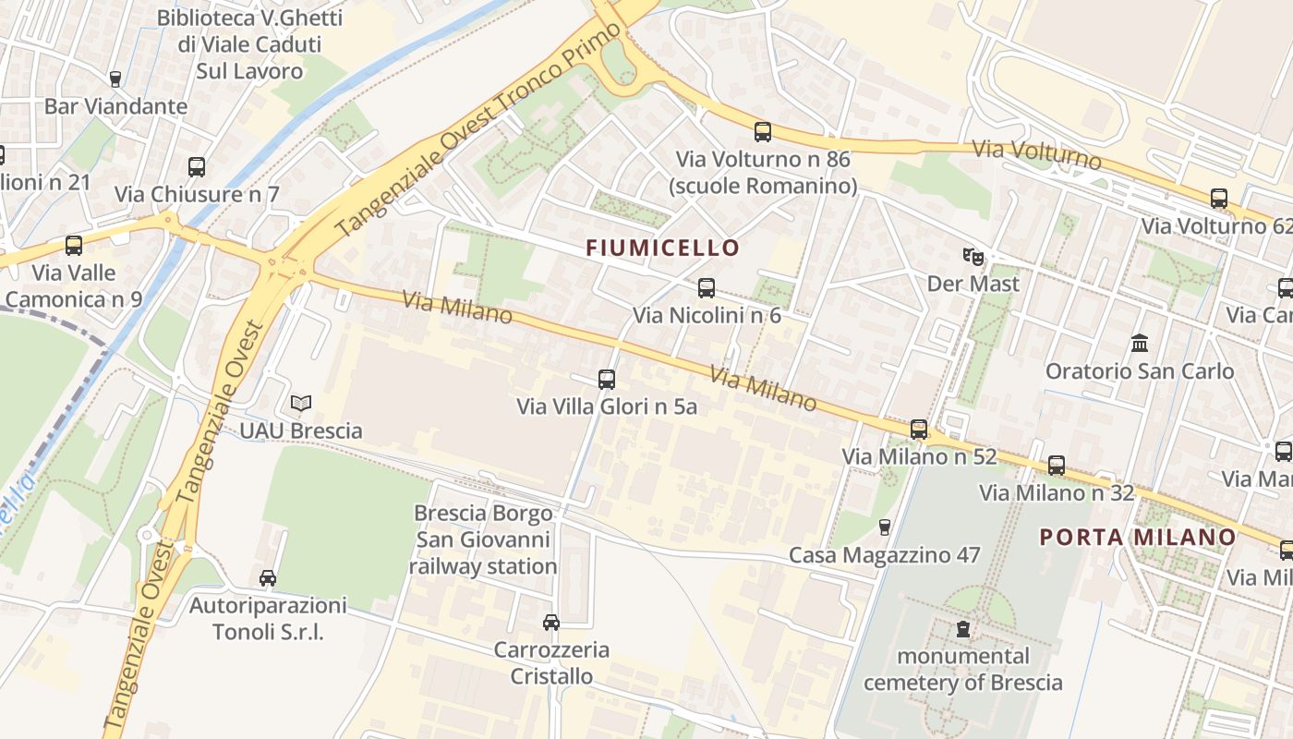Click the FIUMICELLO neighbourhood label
pyautogui.click(x=663, y=248)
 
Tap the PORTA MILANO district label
pyautogui.click(x=1138, y=537)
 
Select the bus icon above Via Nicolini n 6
pyautogui.click(x=707, y=288)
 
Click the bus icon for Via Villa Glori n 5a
pyautogui.click(x=607, y=379)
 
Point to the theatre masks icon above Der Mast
pyautogui.click(x=973, y=256)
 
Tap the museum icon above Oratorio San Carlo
pyautogui.click(x=1139, y=344)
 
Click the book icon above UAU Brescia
pyautogui.click(x=301, y=403)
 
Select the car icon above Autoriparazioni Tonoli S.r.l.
pyautogui.click(x=268, y=578)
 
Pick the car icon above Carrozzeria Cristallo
pyautogui.click(x=551, y=622)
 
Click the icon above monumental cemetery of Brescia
pyautogui.click(x=963, y=629)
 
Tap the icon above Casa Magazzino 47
pyautogui.click(x=884, y=527)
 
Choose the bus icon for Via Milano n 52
pyautogui.click(x=918, y=429)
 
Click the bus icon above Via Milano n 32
pyautogui.click(x=1057, y=466)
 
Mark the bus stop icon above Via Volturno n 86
pyautogui.click(x=762, y=131)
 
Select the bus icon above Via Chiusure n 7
pyautogui.click(x=197, y=167)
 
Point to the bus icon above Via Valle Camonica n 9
pyautogui.click(x=74, y=246)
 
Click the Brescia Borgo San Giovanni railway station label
pyautogui.click(x=485, y=539)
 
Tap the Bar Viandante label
pyautogui.click(x=115, y=106)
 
